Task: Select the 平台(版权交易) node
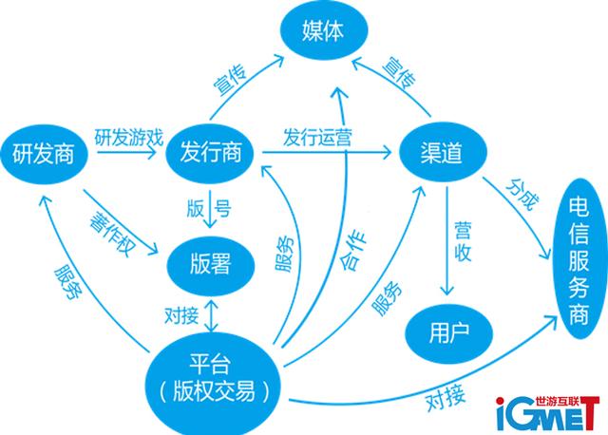tap(214, 375)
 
